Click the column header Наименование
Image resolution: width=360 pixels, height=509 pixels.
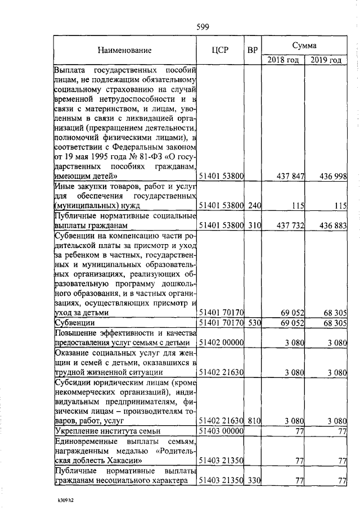click(125, 50)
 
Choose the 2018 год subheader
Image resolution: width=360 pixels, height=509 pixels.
click(283, 60)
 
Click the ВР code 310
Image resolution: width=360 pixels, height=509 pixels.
click(254, 226)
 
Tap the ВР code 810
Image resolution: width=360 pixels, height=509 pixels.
click(254, 420)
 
